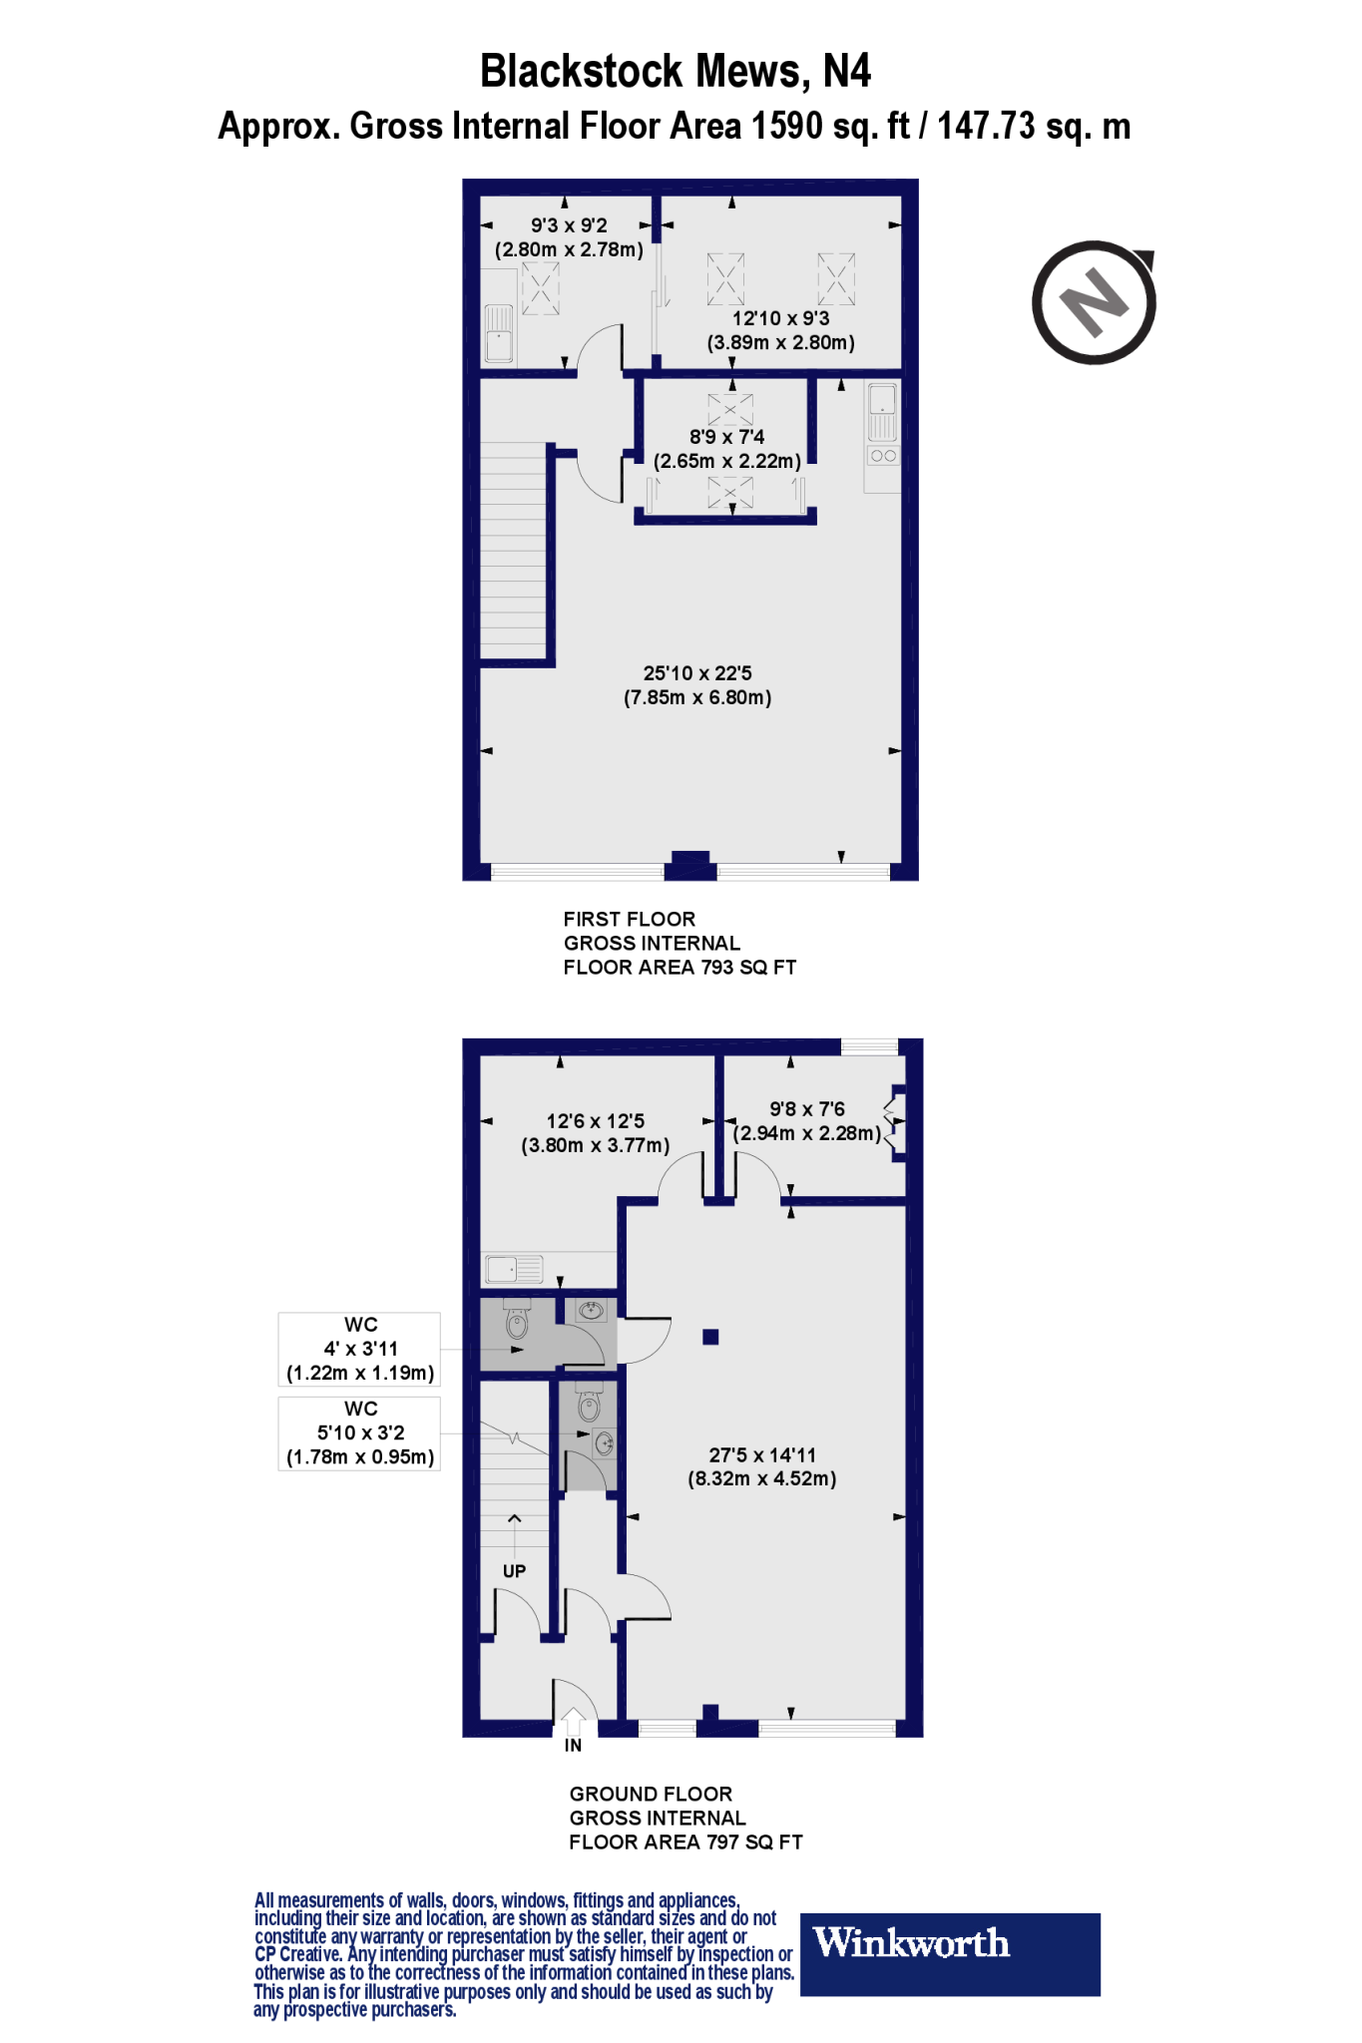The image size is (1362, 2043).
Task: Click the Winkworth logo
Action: (911, 1943)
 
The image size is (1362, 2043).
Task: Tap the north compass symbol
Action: (1095, 301)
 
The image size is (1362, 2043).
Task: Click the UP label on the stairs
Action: (514, 1571)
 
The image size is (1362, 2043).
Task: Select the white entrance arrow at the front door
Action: (574, 1722)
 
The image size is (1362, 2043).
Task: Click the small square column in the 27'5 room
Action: (710, 1337)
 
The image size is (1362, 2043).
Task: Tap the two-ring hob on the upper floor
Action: (883, 456)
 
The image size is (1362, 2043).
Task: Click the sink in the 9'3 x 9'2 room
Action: (499, 335)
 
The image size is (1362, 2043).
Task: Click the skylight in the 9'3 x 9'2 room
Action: (540, 287)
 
